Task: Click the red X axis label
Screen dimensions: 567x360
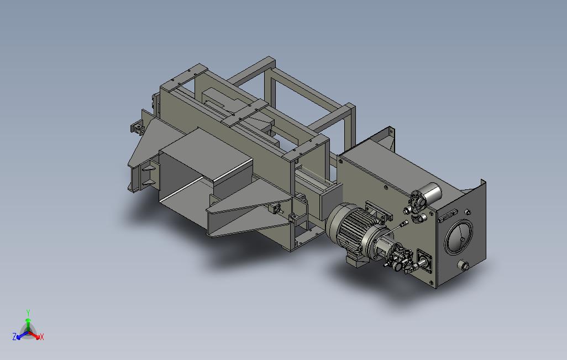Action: pos(42,337)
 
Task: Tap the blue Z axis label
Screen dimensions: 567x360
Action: pos(14,337)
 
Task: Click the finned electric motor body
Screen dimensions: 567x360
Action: pos(356,227)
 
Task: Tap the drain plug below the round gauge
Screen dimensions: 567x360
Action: pos(464,266)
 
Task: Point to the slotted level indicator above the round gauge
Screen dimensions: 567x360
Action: pos(448,215)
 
